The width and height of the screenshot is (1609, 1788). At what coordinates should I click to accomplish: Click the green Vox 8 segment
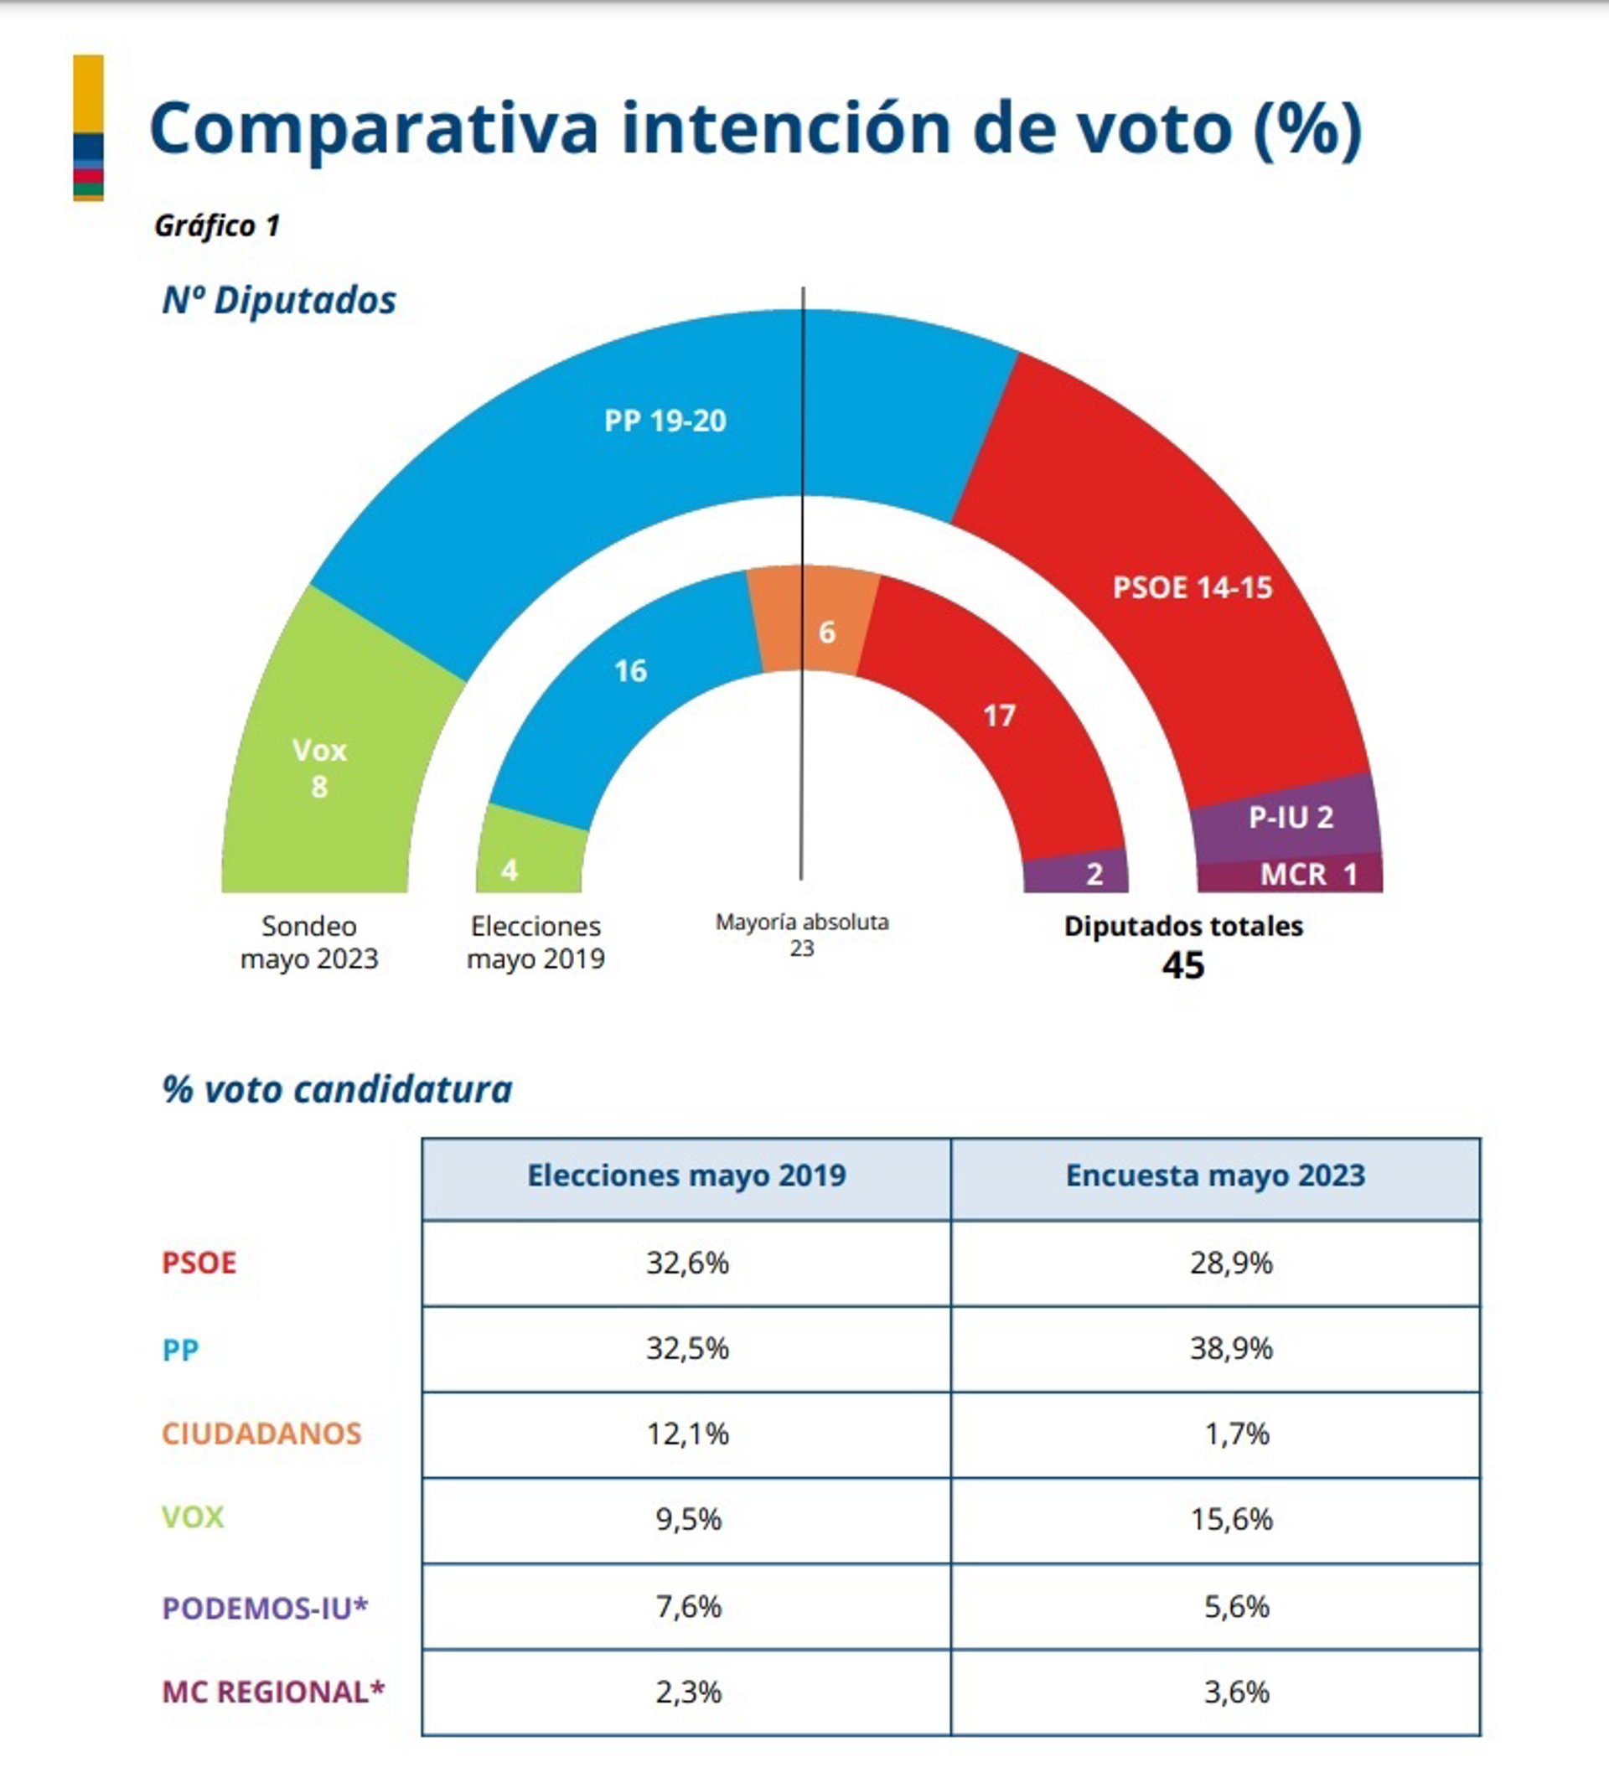click(x=319, y=767)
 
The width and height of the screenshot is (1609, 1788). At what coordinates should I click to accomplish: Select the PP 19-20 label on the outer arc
click(x=665, y=421)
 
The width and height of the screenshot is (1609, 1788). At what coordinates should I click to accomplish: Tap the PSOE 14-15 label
click(x=1192, y=587)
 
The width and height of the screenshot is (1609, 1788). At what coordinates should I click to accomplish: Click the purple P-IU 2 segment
click(x=1291, y=817)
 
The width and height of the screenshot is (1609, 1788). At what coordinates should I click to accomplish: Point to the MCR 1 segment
click(x=1307, y=874)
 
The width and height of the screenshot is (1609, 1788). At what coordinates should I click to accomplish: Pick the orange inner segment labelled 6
click(x=825, y=631)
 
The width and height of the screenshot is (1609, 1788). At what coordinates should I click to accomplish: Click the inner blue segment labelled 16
click(x=630, y=671)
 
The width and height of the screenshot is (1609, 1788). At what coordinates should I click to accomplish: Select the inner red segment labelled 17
click(x=999, y=715)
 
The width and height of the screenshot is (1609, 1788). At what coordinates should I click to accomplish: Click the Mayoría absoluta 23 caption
click(x=802, y=934)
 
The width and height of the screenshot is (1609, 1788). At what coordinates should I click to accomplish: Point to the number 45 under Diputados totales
click(x=1183, y=965)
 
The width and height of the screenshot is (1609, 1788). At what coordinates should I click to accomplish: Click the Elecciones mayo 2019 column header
click(x=686, y=1176)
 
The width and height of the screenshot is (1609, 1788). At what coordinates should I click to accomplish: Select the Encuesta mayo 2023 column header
click(x=1214, y=1176)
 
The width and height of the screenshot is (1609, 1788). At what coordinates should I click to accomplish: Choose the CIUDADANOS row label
click(x=261, y=1434)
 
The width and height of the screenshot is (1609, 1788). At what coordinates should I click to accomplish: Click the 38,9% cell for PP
click(x=1230, y=1348)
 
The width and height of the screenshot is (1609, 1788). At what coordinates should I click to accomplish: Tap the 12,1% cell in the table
click(x=688, y=1434)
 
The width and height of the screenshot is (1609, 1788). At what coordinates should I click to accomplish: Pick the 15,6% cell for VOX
click(x=1230, y=1519)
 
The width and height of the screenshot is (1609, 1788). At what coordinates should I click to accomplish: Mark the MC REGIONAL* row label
click(x=273, y=1692)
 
